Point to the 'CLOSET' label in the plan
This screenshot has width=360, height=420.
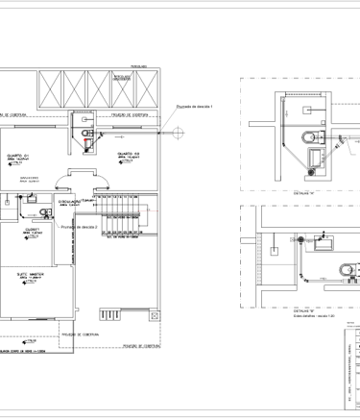pos(32,230)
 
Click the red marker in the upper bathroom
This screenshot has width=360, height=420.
pos(89,148)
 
